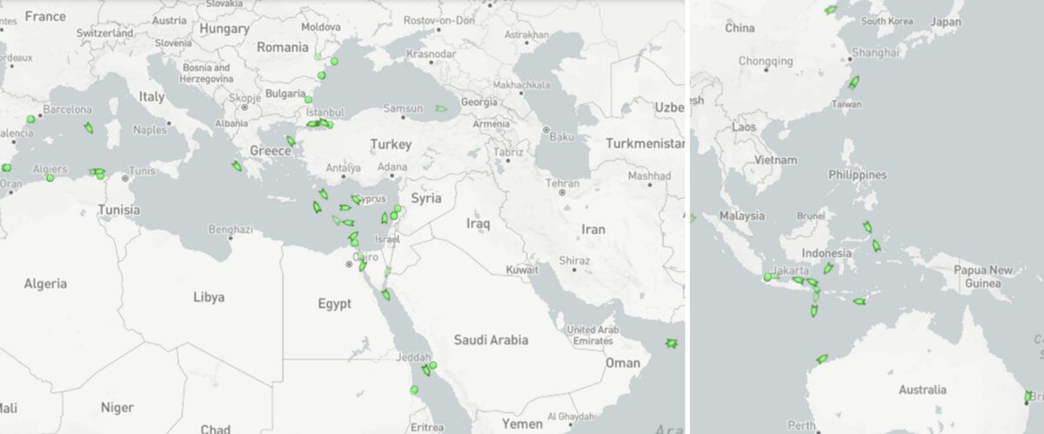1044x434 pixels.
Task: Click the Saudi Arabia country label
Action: (x=490, y=340)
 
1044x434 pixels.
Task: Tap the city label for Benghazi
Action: (x=231, y=230)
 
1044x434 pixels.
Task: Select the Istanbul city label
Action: (x=325, y=112)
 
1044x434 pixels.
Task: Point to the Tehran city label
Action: (x=562, y=183)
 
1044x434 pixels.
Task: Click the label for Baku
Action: (x=562, y=137)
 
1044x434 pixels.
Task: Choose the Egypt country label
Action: (x=334, y=304)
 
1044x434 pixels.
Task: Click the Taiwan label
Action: (x=847, y=103)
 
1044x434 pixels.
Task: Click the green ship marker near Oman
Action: (x=671, y=344)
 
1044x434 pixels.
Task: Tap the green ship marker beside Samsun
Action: (x=441, y=109)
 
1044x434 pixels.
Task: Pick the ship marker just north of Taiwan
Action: (x=853, y=83)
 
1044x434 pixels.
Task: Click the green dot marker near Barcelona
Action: (x=30, y=119)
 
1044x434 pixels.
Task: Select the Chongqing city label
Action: (x=766, y=61)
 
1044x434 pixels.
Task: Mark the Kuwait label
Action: (x=522, y=270)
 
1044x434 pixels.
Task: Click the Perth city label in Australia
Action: (x=800, y=426)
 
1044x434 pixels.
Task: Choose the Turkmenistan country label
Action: (x=645, y=143)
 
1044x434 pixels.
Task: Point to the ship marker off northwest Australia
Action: (x=821, y=358)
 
